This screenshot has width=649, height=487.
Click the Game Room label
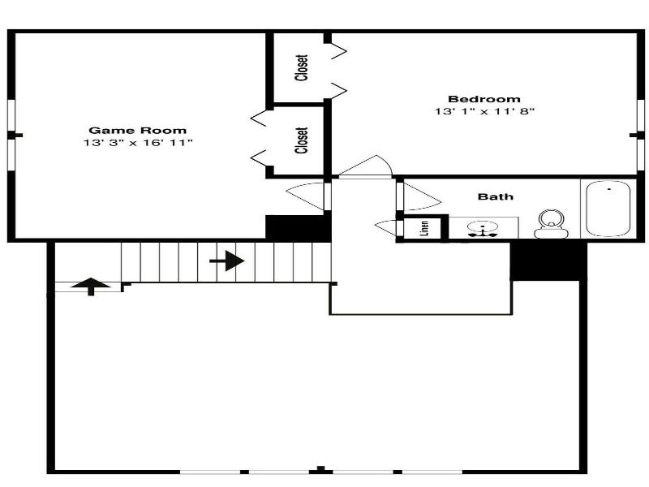coord(137,131)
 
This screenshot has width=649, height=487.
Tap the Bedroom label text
coord(484,99)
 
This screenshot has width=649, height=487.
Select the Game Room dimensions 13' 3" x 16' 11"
coord(138,143)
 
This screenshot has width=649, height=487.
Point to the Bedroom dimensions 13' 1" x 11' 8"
coord(484,111)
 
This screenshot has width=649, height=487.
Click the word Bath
coord(496,196)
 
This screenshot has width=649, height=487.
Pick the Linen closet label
coord(424,228)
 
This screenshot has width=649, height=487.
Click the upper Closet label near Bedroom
coord(302,67)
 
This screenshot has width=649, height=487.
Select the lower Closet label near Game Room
coord(302,140)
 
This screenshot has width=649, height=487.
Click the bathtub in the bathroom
coord(608,209)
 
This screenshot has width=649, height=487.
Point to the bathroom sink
coord(483,229)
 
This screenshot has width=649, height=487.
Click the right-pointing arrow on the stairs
coord(227,261)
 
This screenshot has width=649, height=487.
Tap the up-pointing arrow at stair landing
coord(91,287)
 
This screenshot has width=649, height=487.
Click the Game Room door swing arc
coord(305,196)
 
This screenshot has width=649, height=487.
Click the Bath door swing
coord(421,196)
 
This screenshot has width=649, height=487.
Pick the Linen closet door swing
coord(385,228)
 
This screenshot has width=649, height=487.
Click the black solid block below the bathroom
coord(548,261)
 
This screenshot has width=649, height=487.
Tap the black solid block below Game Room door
coord(298,228)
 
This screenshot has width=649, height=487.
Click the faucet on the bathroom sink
coord(483,233)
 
